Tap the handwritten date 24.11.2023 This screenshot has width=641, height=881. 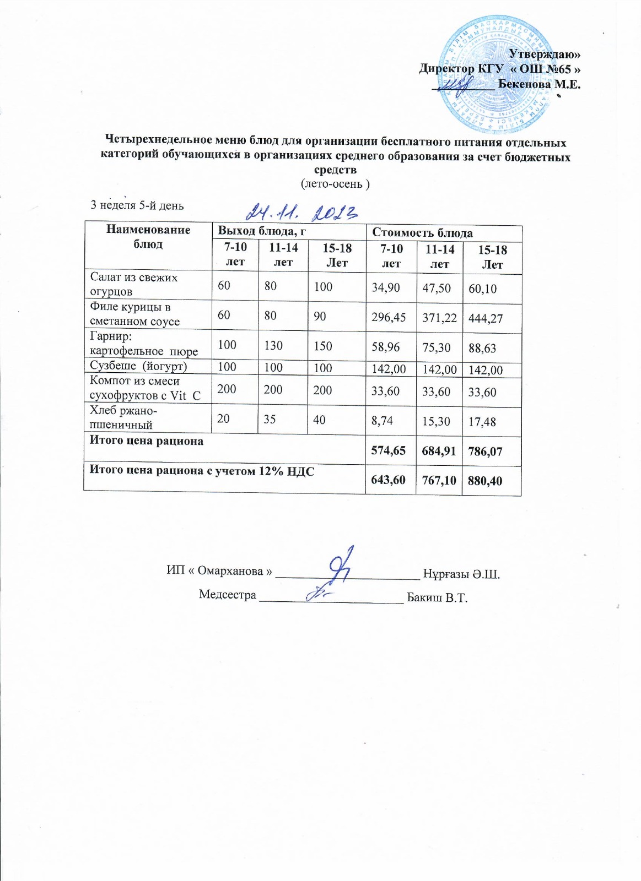pos(302,212)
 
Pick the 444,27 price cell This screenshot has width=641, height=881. pos(486,318)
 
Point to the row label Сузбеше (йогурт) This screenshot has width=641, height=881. pos(138,366)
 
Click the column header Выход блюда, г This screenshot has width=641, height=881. pos(262,231)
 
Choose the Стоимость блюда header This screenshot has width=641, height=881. pos(422,233)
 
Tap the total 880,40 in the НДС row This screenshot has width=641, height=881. pos(485,481)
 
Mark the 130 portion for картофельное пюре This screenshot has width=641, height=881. pos(273,345)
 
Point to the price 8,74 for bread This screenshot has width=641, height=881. pos(382,421)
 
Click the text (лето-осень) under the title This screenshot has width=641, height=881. pos(335,184)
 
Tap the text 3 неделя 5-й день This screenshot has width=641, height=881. pos(137,205)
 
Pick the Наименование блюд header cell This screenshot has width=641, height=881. pos(148,237)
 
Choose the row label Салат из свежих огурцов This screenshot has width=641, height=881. pos(134,284)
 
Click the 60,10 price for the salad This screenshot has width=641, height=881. pos(482,288)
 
